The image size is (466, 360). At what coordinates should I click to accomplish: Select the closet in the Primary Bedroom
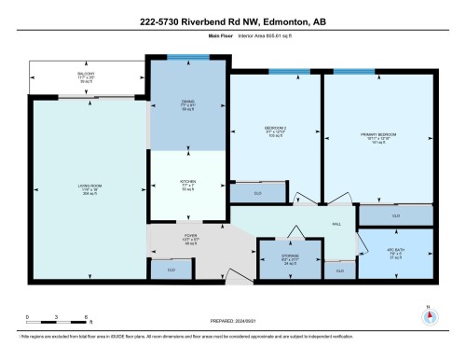pos(396,215)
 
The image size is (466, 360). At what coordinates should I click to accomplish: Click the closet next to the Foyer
pos(171,270)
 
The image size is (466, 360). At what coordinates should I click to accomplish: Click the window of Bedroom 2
pos(296,71)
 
